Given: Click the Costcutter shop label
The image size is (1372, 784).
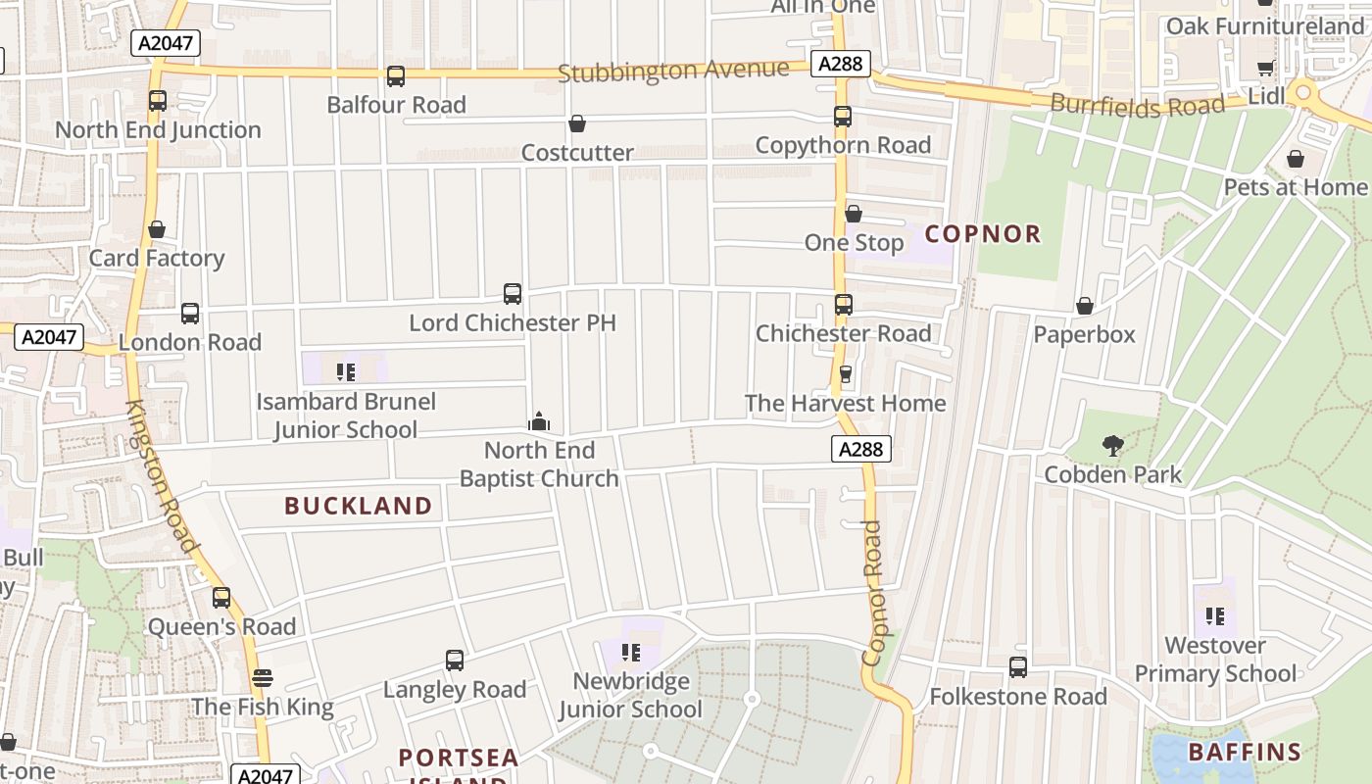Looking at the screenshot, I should (x=577, y=152).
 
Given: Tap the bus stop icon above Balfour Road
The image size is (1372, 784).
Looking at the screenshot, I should (x=396, y=76).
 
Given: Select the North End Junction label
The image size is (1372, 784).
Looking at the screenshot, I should (x=158, y=129).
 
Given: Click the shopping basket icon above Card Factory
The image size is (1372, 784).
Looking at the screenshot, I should (x=157, y=229).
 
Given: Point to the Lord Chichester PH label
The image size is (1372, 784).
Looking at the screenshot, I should (x=513, y=322).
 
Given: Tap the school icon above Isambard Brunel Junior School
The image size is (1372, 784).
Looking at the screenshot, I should (x=345, y=371).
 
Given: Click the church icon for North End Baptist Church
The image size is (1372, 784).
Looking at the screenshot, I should (x=539, y=421).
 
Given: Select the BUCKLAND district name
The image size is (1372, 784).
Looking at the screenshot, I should (x=359, y=506).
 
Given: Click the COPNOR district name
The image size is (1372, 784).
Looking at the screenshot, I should (x=983, y=233).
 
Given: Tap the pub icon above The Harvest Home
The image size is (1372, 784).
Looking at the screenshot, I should (x=846, y=374).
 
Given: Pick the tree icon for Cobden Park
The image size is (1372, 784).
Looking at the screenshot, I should (x=1112, y=447).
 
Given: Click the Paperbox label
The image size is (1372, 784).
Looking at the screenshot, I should (x=1084, y=334).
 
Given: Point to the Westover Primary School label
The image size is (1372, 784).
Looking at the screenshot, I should (x=1215, y=660).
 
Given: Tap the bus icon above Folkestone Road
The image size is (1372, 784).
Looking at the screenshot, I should (x=1018, y=667).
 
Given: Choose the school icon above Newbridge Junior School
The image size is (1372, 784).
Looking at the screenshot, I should (x=631, y=652).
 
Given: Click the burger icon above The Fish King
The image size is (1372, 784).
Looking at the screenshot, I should (x=262, y=677).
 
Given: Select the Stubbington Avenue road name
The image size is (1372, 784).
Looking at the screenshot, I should (x=673, y=71).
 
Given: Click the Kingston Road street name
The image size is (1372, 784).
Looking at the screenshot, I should (x=164, y=477).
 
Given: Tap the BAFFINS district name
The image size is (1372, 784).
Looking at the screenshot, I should (x=1245, y=753).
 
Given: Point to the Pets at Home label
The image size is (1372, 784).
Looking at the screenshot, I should (x=1295, y=186).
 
